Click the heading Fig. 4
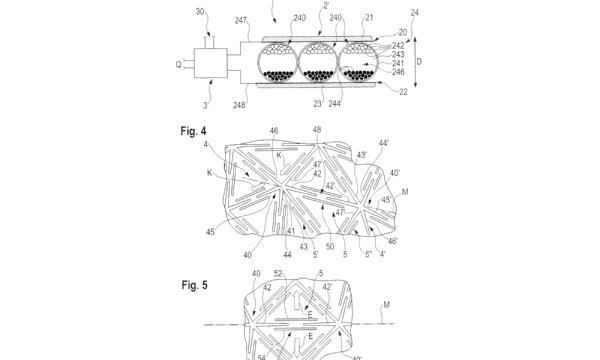pyautogui.click(x=193, y=131)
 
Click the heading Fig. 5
pyautogui.click(x=194, y=285)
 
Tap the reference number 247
pyautogui.click(x=241, y=20)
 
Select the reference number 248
pyautogui.click(x=239, y=105)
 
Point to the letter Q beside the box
pyautogui.click(x=178, y=65)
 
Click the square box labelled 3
pyautogui.click(x=211, y=63)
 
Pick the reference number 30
pyautogui.click(x=200, y=12)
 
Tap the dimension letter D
pyautogui.click(x=419, y=62)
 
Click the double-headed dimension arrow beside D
pyautogui.click(x=416, y=62)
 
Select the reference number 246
pyautogui.click(x=398, y=72)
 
